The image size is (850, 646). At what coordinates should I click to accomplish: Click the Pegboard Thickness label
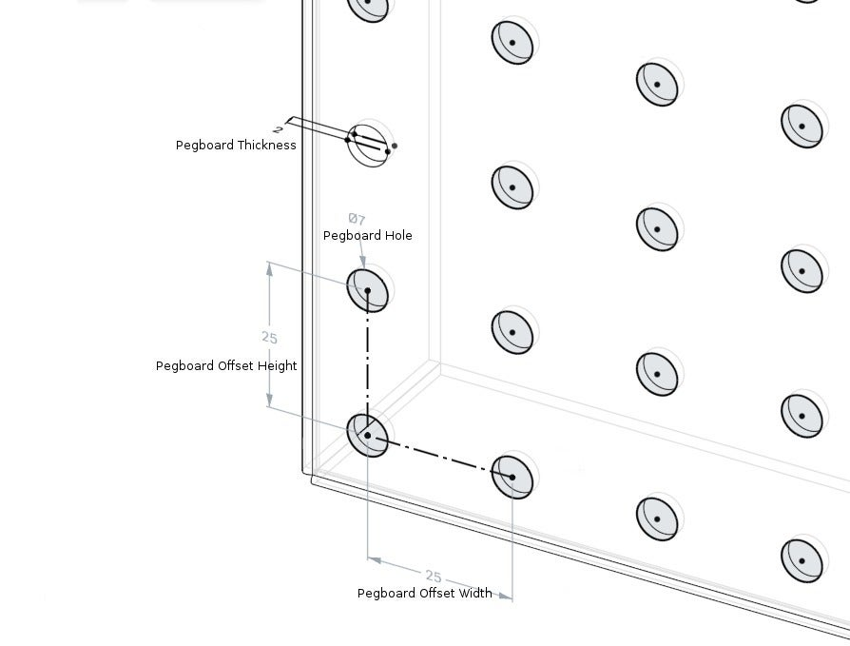(236, 146)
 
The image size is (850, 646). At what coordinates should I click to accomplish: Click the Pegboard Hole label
(367, 236)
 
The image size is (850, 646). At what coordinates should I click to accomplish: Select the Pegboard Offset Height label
(226, 366)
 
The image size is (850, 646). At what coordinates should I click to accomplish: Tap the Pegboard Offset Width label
(424, 594)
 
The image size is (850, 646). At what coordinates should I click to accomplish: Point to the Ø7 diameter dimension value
(357, 219)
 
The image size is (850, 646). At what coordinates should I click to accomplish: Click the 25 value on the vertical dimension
(269, 338)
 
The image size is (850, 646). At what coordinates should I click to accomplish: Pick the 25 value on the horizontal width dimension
(434, 577)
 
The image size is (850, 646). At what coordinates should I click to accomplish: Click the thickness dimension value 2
(278, 128)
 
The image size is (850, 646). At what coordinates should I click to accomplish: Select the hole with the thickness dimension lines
(369, 146)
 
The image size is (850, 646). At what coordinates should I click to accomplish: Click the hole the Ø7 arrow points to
(368, 290)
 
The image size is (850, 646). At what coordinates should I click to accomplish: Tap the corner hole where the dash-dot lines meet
(368, 435)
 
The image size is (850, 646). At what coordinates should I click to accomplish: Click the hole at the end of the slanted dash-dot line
(512, 477)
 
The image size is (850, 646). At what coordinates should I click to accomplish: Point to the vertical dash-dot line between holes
(368, 362)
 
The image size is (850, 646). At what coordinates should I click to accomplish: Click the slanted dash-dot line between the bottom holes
(440, 457)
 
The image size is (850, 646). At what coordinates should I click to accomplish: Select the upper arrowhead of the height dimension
(269, 269)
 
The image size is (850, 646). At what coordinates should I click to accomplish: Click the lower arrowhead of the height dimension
(270, 401)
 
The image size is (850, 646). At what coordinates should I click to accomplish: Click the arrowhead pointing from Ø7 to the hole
(362, 262)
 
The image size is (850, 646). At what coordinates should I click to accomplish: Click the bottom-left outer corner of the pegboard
(313, 480)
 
